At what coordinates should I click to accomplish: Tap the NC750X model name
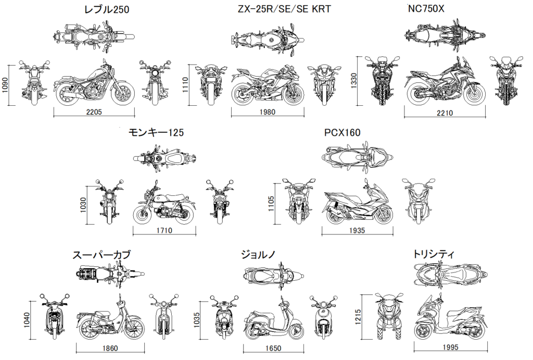pos(426,8)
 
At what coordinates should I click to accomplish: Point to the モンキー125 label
pos(156,133)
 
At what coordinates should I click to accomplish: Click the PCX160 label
pos(342,133)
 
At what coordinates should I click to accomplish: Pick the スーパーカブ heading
pos(102,255)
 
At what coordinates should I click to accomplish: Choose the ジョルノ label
pos(258,255)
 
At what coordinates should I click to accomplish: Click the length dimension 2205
pos(94,111)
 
